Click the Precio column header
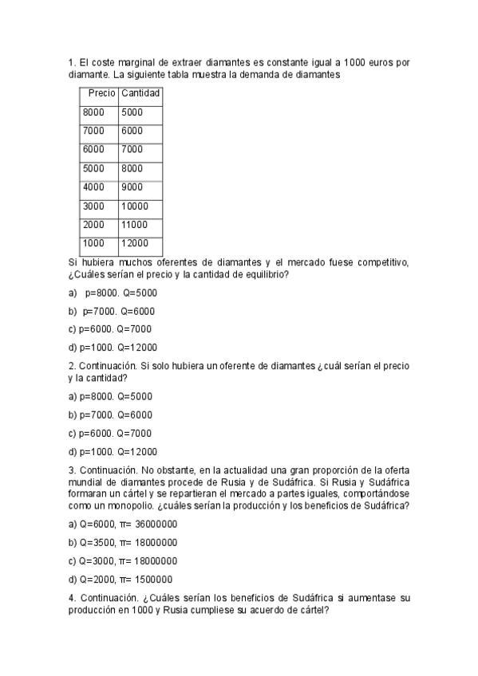tap(101, 93)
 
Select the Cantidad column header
tap(140, 93)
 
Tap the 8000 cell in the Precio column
tap(93, 112)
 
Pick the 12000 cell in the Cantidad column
tap(135, 243)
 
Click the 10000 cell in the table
tap(135, 206)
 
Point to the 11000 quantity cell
tap(135, 225)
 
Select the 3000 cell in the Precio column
tap(93, 206)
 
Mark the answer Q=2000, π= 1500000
tap(120, 580)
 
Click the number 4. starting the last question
tap(72, 598)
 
